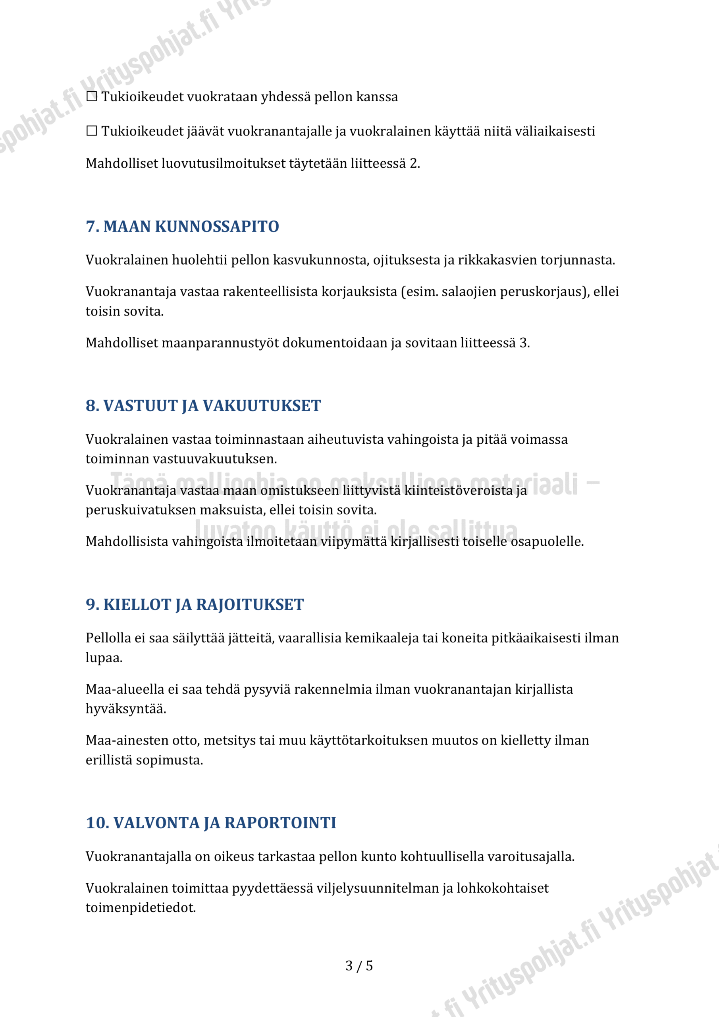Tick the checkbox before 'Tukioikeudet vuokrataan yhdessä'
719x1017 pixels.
click(x=92, y=96)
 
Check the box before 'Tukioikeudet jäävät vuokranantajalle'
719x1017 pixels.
click(x=92, y=131)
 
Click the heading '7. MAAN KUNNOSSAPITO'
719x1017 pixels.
click(x=182, y=226)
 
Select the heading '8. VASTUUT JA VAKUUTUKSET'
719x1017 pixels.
click(x=203, y=406)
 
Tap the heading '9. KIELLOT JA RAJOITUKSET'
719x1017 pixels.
click(x=195, y=605)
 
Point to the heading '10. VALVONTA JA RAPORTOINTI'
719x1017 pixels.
click(x=211, y=823)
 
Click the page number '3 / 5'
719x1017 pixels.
click(x=359, y=966)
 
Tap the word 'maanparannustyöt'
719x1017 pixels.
click(x=220, y=343)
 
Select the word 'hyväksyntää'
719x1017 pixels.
click(x=126, y=709)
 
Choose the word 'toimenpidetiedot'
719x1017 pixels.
click(x=141, y=908)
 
